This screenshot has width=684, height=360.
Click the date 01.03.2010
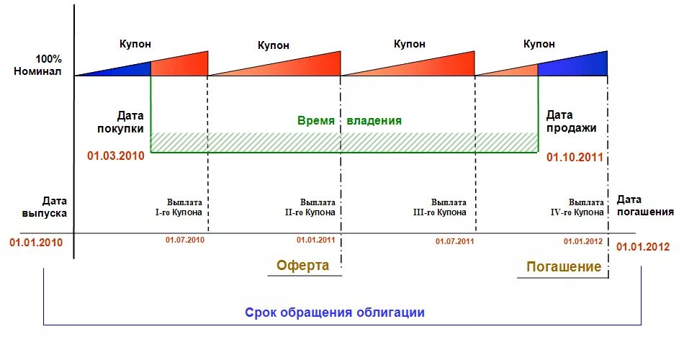point(117,155)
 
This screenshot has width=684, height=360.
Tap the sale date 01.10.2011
point(574,157)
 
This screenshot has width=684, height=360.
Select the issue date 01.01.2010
point(36,242)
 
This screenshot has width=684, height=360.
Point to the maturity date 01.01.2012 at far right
point(643,246)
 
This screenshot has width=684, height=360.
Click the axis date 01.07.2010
point(185,239)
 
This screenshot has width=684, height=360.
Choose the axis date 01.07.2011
point(454,241)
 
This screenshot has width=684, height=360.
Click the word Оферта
point(303,265)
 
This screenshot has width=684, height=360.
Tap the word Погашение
point(564,266)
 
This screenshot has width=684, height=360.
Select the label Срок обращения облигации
point(335,312)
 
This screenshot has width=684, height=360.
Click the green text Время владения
point(349,121)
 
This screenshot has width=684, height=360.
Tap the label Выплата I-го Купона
point(185,207)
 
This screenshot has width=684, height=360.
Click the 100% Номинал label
point(48,65)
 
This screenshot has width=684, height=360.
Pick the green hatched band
point(344,142)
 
